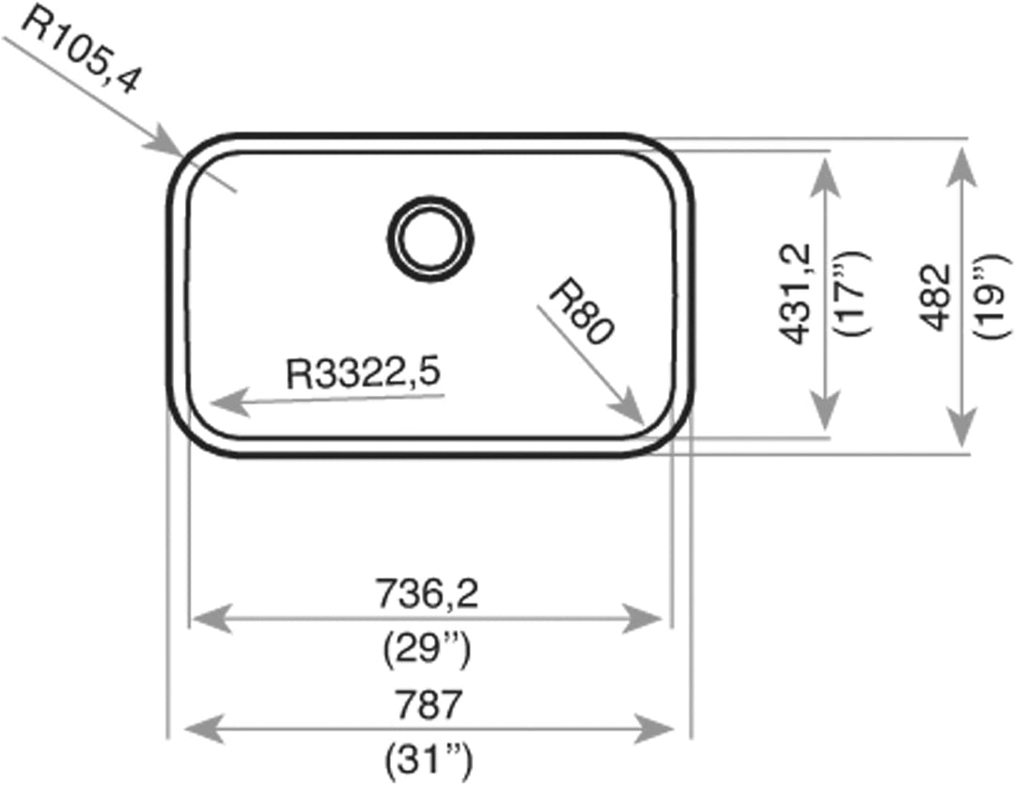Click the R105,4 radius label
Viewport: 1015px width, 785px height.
79,51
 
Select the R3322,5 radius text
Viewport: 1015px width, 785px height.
363,374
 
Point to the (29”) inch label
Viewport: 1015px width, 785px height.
427,650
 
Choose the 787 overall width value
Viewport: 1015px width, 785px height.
429,705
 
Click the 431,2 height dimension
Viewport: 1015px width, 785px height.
795,293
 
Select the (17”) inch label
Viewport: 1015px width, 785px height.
852,292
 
